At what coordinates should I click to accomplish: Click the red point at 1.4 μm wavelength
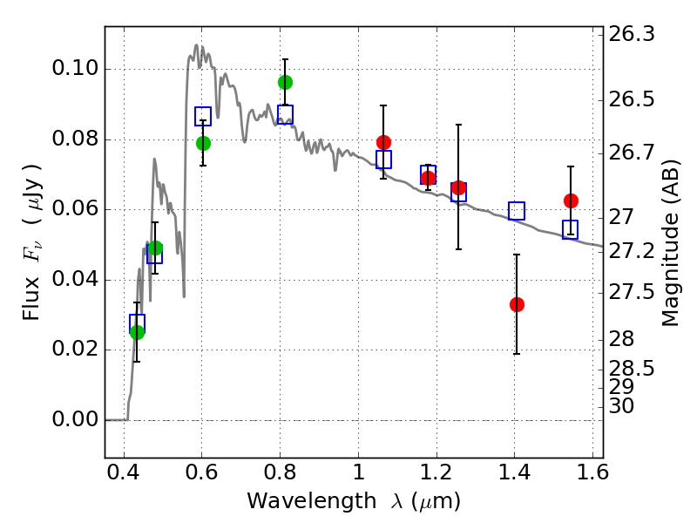[x=517, y=304]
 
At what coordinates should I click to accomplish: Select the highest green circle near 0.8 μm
[x=285, y=82]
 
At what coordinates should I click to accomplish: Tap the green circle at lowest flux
[x=137, y=331]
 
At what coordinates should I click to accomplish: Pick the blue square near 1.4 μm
[x=517, y=211]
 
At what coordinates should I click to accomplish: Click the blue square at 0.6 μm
[x=203, y=117]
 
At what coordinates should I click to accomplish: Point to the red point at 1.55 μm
[x=571, y=200]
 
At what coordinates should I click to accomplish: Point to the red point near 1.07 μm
[x=383, y=142]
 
